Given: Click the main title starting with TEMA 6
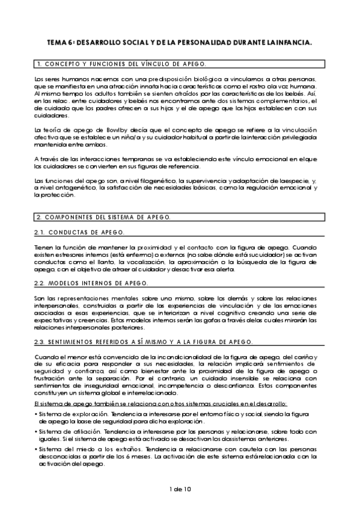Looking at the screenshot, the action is [x=180, y=43].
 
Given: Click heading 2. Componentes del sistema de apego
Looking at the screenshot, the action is [x=103, y=217].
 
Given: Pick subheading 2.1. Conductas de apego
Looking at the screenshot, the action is [x=81, y=232].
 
